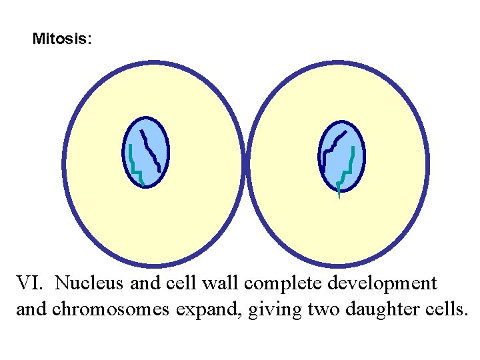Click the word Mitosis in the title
(x=62, y=39)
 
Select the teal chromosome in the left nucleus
(x=135, y=167)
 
